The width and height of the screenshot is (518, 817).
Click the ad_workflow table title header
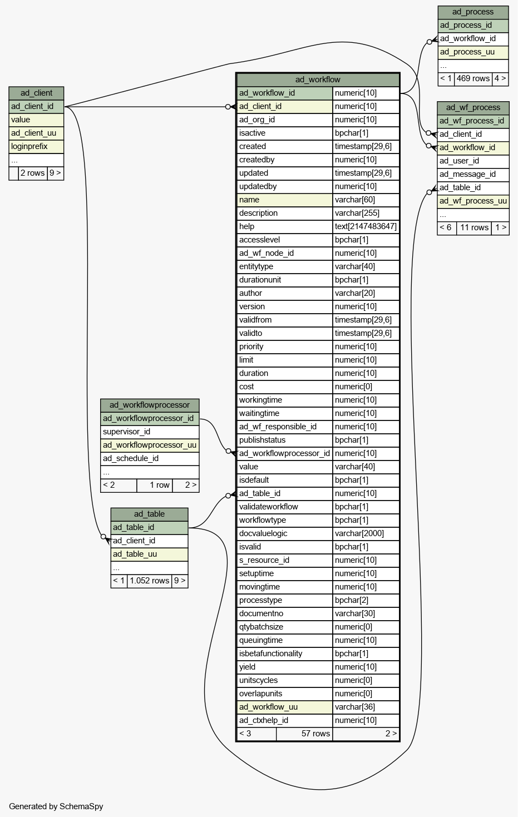[318, 80]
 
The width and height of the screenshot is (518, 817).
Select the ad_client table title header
[36, 93]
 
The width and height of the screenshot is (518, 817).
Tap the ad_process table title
[473, 12]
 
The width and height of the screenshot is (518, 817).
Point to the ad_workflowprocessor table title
[150, 405]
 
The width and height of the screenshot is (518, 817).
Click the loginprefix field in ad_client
[36, 147]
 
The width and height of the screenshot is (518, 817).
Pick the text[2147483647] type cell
[366, 226]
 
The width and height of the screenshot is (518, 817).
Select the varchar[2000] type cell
[366, 533]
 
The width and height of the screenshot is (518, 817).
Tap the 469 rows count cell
[473, 79]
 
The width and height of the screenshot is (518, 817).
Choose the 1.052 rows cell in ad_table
[149, 581]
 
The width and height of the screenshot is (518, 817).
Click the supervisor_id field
[150, 432]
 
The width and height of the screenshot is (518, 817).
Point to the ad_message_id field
[473, 174]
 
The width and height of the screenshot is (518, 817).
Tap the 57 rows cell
[304, 734]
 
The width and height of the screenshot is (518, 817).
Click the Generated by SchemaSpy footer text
[56, 806]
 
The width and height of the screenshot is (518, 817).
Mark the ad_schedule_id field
[150, 458]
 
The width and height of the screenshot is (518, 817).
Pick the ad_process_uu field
[473, 52]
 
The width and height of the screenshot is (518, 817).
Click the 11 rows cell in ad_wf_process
[474, 228]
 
